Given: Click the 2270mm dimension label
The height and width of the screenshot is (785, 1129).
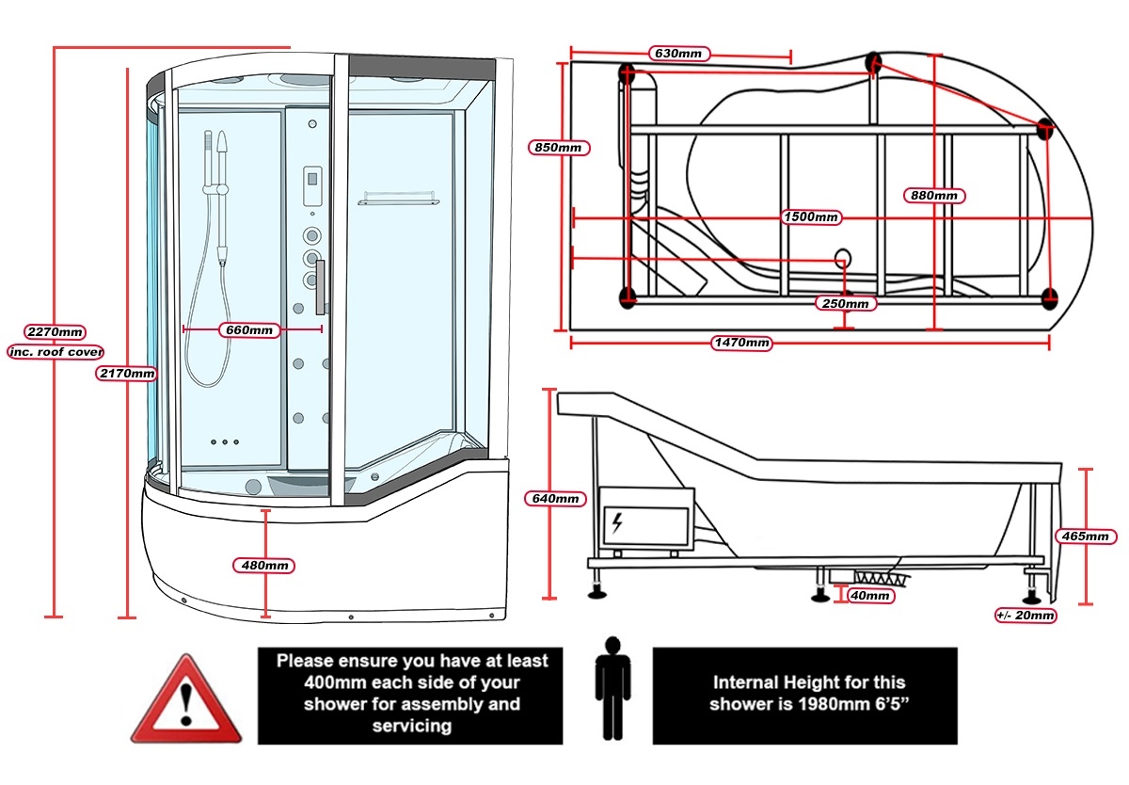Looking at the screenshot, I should (x=56, y=331).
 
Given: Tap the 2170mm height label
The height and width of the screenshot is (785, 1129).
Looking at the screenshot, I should (x=127, y=374).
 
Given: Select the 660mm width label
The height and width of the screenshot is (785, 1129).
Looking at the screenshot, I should (x=250, y=329).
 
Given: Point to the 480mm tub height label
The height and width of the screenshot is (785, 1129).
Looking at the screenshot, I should (x=264, y=565).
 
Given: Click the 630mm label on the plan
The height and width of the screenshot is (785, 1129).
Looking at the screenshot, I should (x=677, y=54).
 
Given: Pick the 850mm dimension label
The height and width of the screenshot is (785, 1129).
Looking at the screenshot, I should (x=562, y=148).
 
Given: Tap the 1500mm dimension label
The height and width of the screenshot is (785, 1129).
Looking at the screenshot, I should (x=812, y=217).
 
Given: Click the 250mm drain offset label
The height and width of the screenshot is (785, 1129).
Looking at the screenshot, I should (x=845, y=303).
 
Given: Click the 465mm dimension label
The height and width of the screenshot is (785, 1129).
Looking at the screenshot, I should (x=1089, y=536).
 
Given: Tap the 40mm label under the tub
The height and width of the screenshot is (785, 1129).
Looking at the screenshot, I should (x=868, y=595).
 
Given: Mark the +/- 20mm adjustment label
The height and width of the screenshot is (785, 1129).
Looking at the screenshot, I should (x=1026, y=616).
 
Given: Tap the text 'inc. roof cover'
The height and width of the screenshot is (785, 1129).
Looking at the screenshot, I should (x=56, y=351).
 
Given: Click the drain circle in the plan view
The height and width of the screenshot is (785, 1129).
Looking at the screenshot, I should (x=843, y=257).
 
